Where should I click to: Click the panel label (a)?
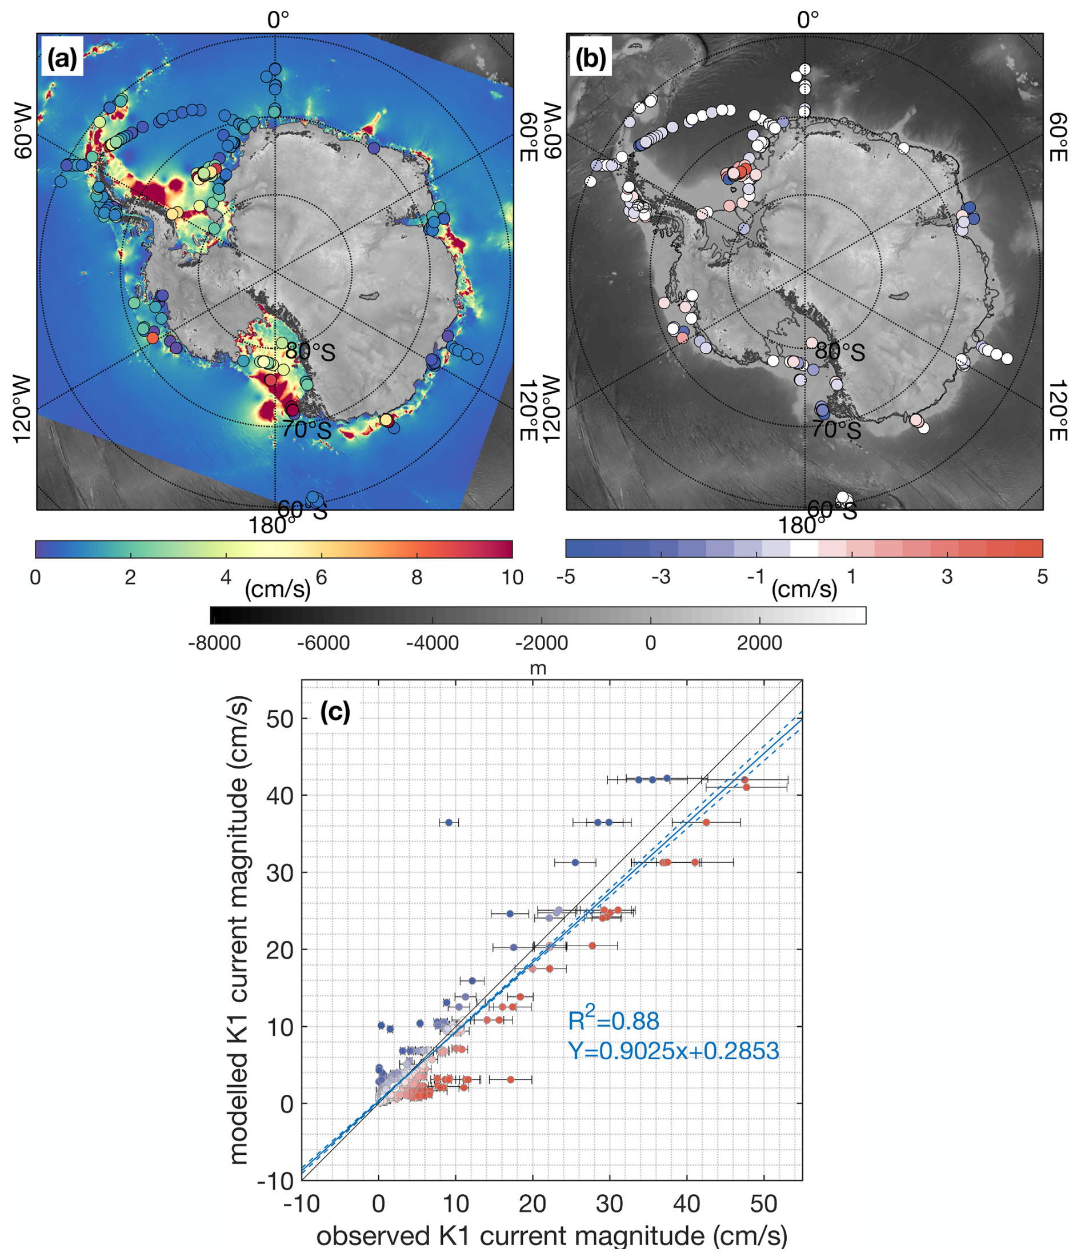click(x=62, y=59)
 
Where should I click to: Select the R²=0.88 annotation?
click(x=614, y=1021)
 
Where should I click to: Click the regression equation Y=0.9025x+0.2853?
click(x=673, y=1051)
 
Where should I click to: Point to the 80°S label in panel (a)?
click(x=310, y=352)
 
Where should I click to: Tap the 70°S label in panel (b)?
click(x=836, y=430)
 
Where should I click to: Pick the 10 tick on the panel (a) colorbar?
click(x=513, y=577)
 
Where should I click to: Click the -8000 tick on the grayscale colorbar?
click(x=214, y=643)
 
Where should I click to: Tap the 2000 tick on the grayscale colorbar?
click(x=759, y=643)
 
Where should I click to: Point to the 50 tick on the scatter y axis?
click(x=279, y=719)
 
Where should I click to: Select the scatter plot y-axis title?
click(x=239, y=930)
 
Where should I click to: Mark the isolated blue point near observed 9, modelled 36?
click(x=449, y=822)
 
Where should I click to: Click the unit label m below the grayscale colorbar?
click(x=538, y=668)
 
